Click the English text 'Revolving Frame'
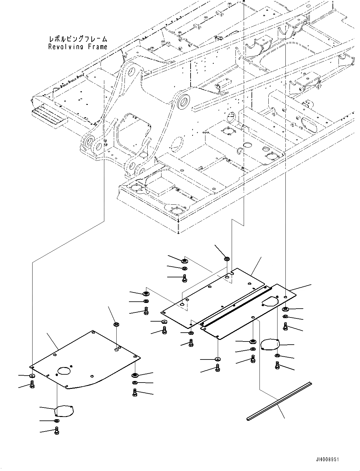pos(78,47)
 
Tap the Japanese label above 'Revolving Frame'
pos(78,39)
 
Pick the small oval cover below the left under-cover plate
pos(64,411)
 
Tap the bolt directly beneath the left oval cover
pos(57,430)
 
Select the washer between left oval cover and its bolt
pos(56,421)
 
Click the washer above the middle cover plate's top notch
pos(227,259)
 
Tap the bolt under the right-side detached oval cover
pos(277,365)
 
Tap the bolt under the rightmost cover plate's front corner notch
pos(217,367)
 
